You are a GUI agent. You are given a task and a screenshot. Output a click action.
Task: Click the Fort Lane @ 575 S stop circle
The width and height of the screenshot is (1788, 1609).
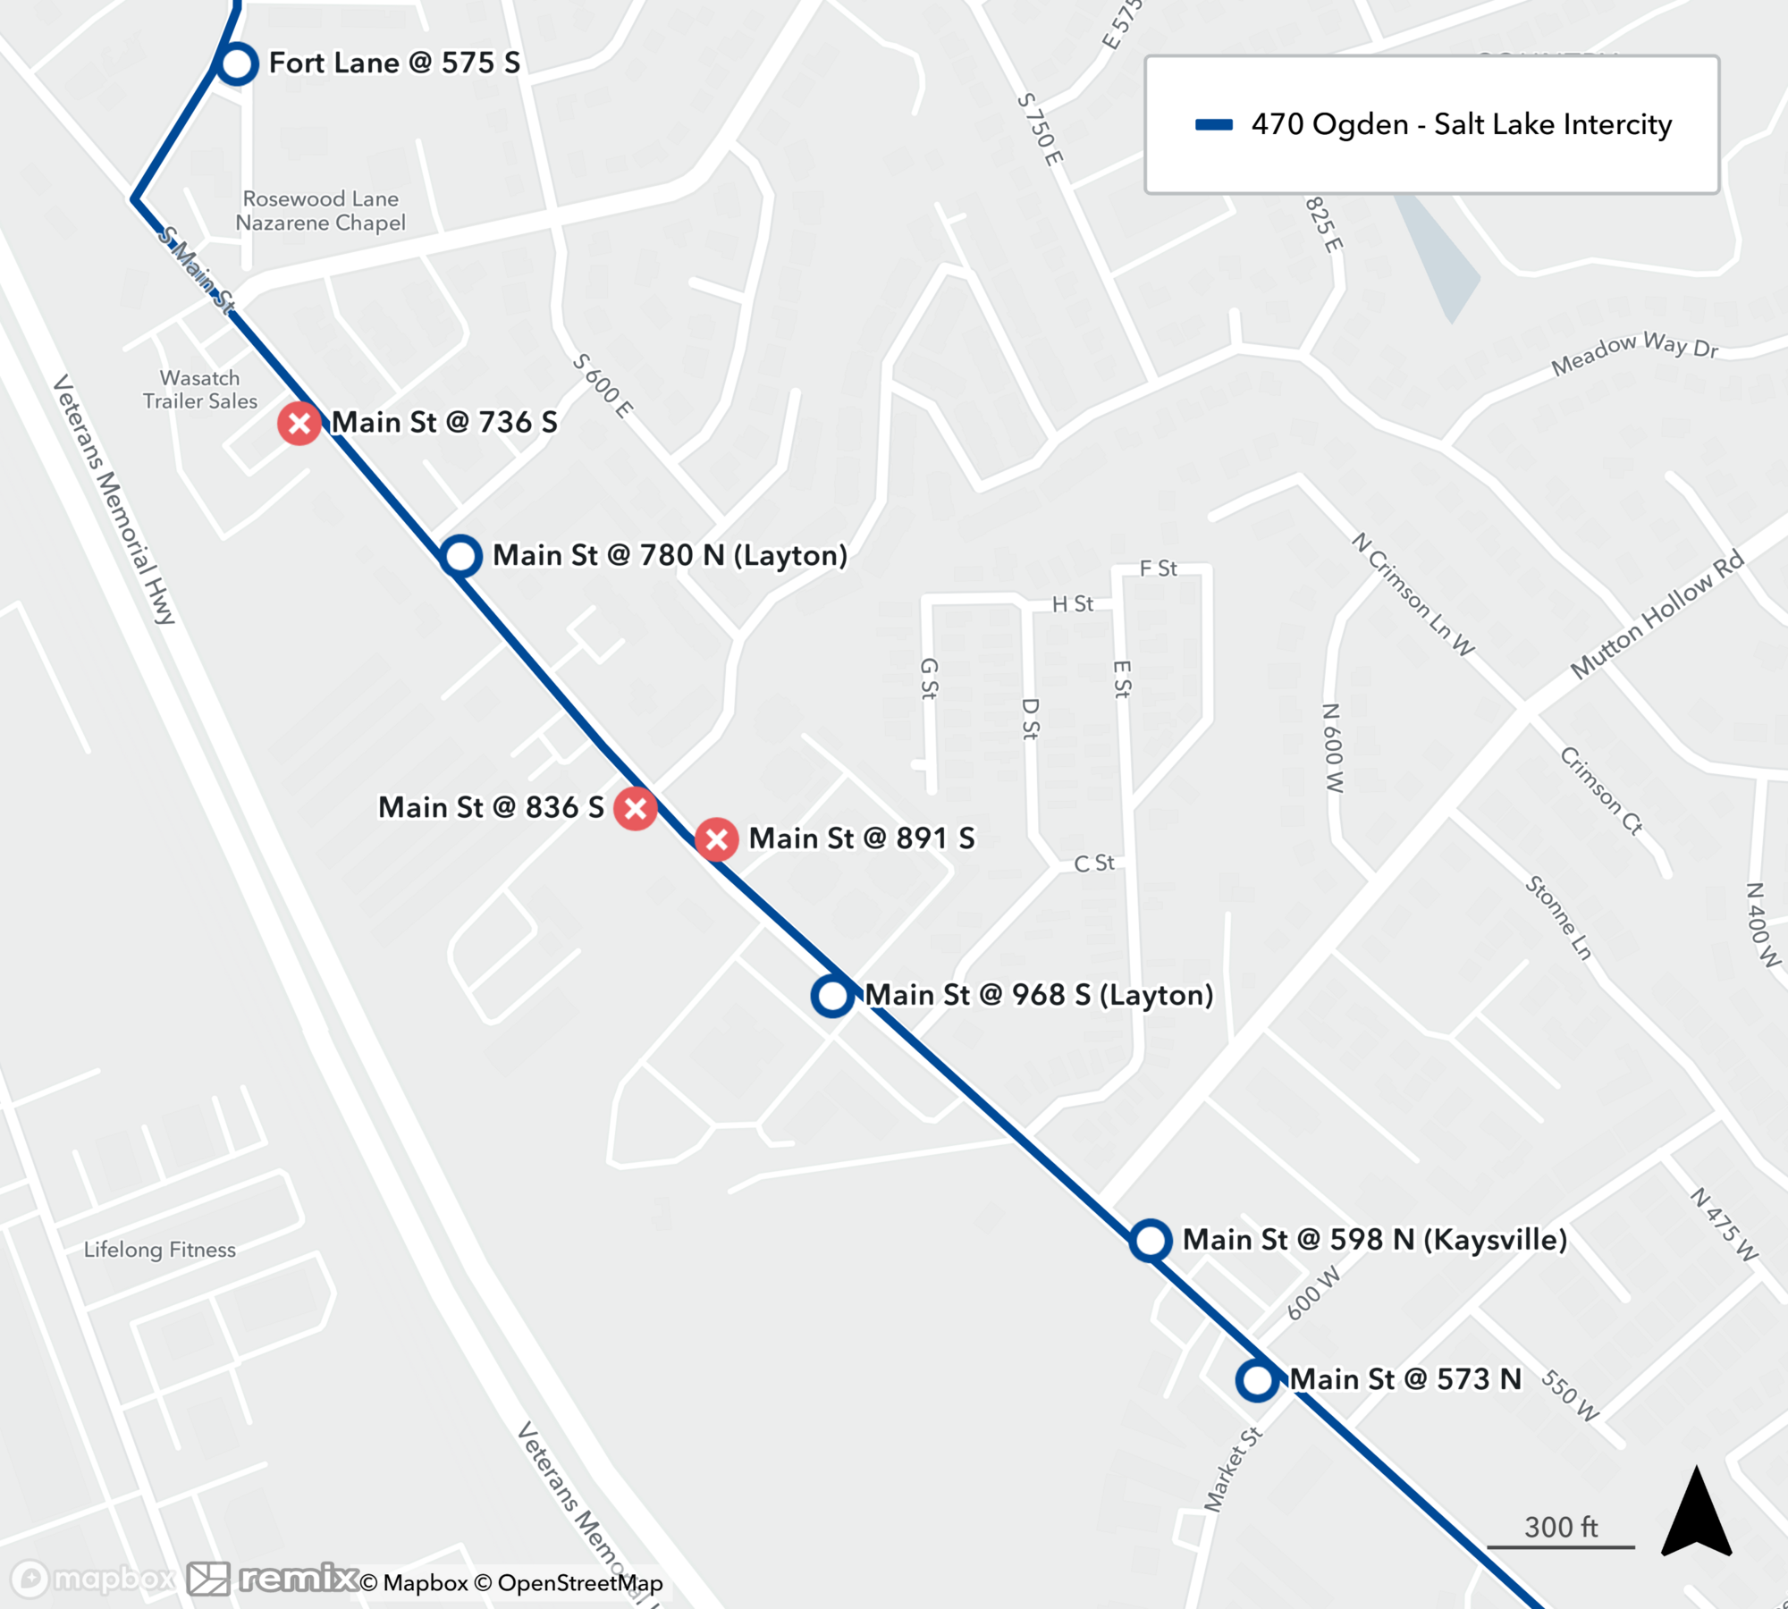tap(237, 64)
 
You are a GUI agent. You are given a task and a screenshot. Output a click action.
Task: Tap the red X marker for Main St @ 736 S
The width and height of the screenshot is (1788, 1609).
tap(299, 423)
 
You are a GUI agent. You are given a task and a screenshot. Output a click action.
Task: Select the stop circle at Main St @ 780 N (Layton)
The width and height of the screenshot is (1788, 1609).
tap(460, 556)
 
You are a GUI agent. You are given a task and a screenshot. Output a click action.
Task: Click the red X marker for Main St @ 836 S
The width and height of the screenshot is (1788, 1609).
tap(636, 808)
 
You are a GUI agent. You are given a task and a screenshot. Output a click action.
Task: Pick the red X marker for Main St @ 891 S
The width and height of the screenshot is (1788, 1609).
tap(716, 839)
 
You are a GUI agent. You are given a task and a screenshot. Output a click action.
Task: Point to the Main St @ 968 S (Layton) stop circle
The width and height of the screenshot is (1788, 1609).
tap(832, 996)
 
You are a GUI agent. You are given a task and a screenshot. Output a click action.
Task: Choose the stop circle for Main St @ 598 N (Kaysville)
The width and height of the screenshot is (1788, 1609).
tap(1150, 1241)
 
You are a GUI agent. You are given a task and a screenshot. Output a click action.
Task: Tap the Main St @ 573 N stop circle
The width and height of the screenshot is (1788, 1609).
tap(1257, 1380)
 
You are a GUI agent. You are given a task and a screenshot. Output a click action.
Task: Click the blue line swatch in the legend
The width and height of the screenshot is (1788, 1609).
tap(1214, 125)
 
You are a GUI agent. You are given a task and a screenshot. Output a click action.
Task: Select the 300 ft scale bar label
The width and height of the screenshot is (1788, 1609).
tap(1561, 1527)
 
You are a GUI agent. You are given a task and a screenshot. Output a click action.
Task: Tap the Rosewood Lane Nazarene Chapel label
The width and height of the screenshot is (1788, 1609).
tap(321, 211)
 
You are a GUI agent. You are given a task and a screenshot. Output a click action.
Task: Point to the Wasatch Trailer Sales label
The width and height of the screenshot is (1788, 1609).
tap(200, 390)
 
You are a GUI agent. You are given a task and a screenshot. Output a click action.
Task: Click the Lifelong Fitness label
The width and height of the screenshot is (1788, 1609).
tap(160, 1250)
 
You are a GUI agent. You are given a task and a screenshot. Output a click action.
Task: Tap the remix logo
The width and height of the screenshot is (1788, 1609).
tap(299, 1579)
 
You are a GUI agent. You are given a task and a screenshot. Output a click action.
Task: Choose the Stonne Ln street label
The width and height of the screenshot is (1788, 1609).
tap(1558, 918)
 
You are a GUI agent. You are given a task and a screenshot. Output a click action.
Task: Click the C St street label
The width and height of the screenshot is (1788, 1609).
tap(1094, 863)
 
